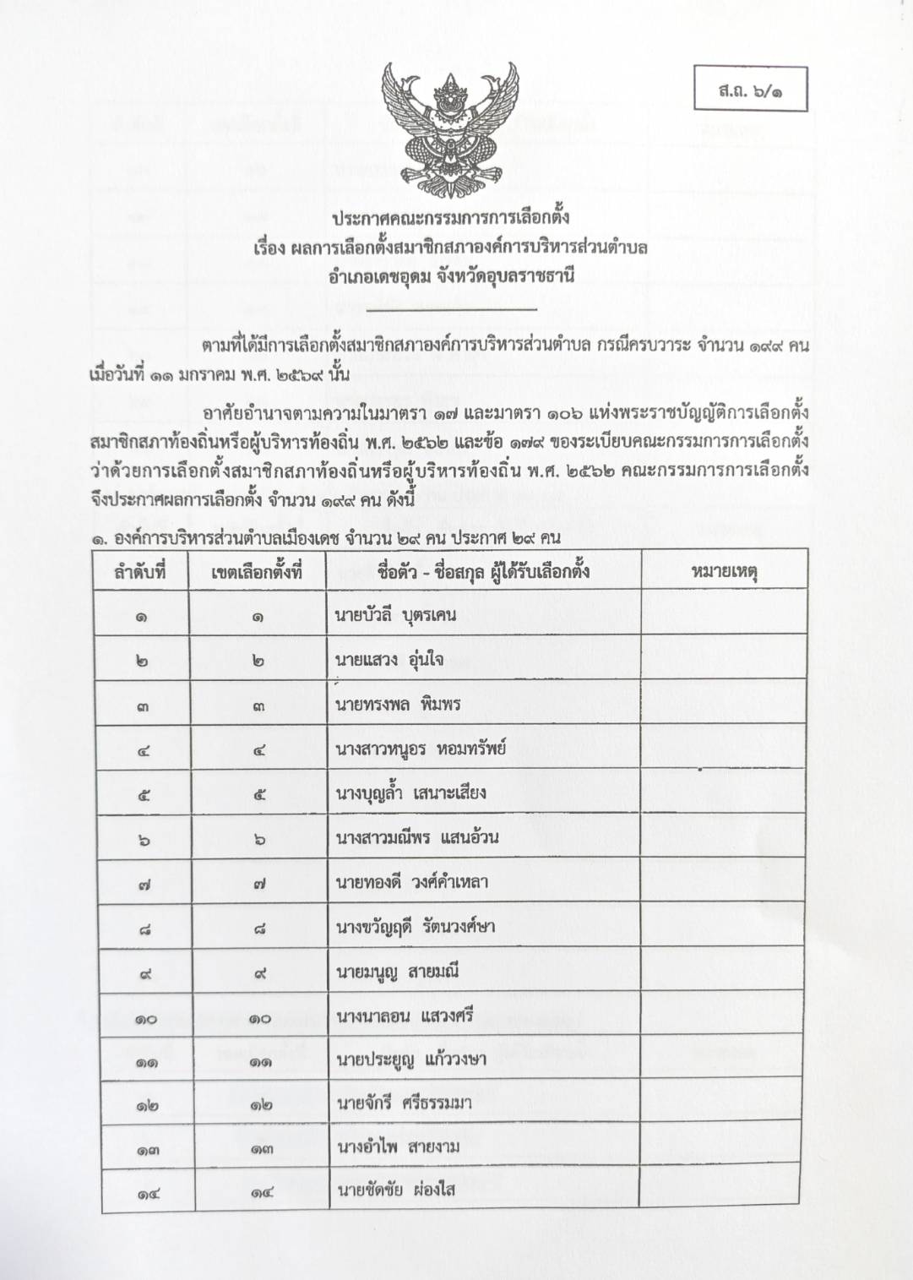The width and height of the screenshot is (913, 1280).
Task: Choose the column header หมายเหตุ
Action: click(x=724, y=572)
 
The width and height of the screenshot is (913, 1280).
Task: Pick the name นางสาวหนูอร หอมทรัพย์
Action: click(x=420, y=749)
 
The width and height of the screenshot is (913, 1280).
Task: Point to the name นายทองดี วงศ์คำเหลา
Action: click(x=412, y=883)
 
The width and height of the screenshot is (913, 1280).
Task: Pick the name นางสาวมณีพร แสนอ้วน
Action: click(x=417, y=838)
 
